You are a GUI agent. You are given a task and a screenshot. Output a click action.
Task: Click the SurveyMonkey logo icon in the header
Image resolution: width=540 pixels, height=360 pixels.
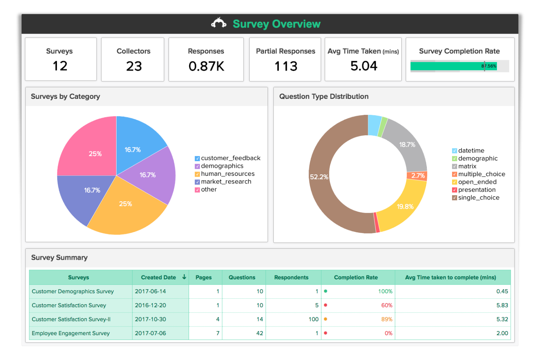[x=219, y=23]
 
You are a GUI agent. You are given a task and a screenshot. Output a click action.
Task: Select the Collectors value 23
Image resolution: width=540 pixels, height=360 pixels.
[x=134, y=66]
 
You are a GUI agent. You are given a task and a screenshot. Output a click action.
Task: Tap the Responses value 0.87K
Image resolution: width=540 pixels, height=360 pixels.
[x=206, y=66]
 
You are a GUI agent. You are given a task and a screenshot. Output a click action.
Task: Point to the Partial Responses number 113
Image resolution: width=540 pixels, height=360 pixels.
[x=286, y=66]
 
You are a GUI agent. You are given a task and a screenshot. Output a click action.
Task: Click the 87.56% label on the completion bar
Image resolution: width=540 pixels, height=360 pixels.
[x=489, y=66]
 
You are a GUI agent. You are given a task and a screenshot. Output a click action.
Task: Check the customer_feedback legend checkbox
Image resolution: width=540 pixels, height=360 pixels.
[x=197, y=158]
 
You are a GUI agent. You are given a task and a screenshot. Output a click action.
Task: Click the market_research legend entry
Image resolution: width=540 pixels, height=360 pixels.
[x=226, y=182]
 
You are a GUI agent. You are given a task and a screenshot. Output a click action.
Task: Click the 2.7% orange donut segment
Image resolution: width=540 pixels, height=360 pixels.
[x=418, y=176]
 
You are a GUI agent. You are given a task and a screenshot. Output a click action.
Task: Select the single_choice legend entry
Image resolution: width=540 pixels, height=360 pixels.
[x=479, y=198]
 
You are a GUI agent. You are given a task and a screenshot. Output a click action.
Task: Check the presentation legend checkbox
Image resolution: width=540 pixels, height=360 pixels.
[x=455, y=190]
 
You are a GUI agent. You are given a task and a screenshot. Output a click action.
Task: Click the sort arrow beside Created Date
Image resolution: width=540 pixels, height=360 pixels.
[x=184, y=277]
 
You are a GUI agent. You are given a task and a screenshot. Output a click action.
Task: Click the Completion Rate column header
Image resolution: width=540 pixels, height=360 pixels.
[x=356, y=278]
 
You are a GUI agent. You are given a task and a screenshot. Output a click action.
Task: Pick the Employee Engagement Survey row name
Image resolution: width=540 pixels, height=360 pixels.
[x=71, y=333]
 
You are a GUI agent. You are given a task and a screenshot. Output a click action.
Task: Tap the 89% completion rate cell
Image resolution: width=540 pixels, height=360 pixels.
[x=386, y=319]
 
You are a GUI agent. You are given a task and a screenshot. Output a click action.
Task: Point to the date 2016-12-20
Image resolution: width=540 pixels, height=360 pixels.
[x=150, y=305]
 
